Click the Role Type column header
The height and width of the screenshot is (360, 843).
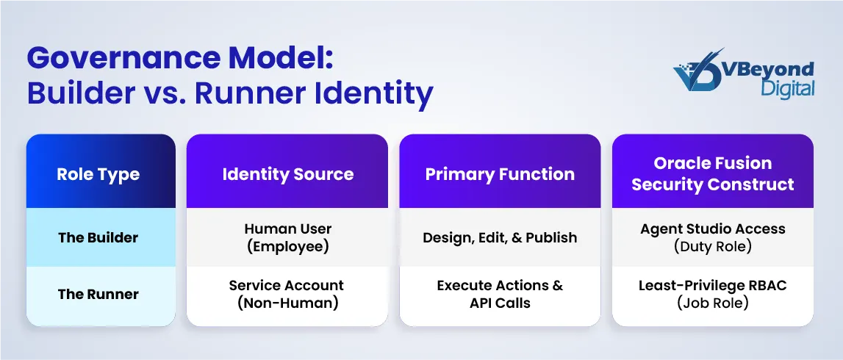tap(98, 174)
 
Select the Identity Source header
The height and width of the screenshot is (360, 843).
tap(287, 174)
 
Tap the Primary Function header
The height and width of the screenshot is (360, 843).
tap(500, 174)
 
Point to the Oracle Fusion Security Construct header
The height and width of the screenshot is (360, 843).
tap(713, 173)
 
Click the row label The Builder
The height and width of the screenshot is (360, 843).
tap(98, 237)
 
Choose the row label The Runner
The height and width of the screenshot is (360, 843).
tap(98, 295)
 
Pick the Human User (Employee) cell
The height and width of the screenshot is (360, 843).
tap(287, 237)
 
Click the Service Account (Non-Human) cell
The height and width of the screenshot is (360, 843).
tap(287, 295)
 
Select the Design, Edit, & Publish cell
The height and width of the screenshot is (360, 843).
tap(500, 237)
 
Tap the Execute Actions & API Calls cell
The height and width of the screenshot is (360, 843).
tap(500, 295)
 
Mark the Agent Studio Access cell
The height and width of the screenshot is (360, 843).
tap(713, 237)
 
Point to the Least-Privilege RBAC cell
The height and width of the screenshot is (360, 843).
tap(713, 295)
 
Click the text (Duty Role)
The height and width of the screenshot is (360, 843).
tap(713, 247)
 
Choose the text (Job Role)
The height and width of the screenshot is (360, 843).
tap(713, 303)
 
